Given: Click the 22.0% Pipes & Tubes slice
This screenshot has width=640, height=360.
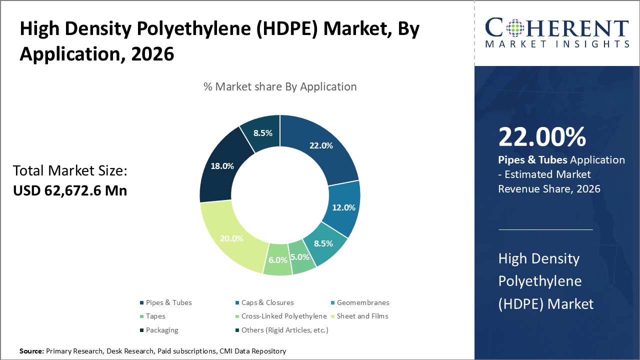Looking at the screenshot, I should point(320,146).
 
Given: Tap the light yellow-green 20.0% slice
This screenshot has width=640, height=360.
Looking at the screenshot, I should point(231,238).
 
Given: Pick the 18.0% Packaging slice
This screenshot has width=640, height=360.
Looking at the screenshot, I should point(221,166).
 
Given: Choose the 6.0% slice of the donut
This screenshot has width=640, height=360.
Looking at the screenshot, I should point(278,260).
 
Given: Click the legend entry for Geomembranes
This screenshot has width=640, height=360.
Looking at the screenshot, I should point(362,302).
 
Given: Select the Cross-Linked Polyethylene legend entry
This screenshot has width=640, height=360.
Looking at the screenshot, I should point(283,316).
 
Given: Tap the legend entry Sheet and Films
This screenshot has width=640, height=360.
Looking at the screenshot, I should point(362,316).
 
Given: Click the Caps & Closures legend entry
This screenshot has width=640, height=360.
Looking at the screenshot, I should point(267,302).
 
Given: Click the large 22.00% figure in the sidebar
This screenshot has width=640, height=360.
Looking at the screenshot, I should point(542,136).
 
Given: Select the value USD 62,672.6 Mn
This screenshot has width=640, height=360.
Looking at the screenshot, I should point(69,190).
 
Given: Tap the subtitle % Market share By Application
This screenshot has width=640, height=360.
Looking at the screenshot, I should point(280,86).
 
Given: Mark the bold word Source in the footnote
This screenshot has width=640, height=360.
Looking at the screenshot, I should point(31,351).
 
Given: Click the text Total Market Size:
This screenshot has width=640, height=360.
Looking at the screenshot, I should point(70,171).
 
